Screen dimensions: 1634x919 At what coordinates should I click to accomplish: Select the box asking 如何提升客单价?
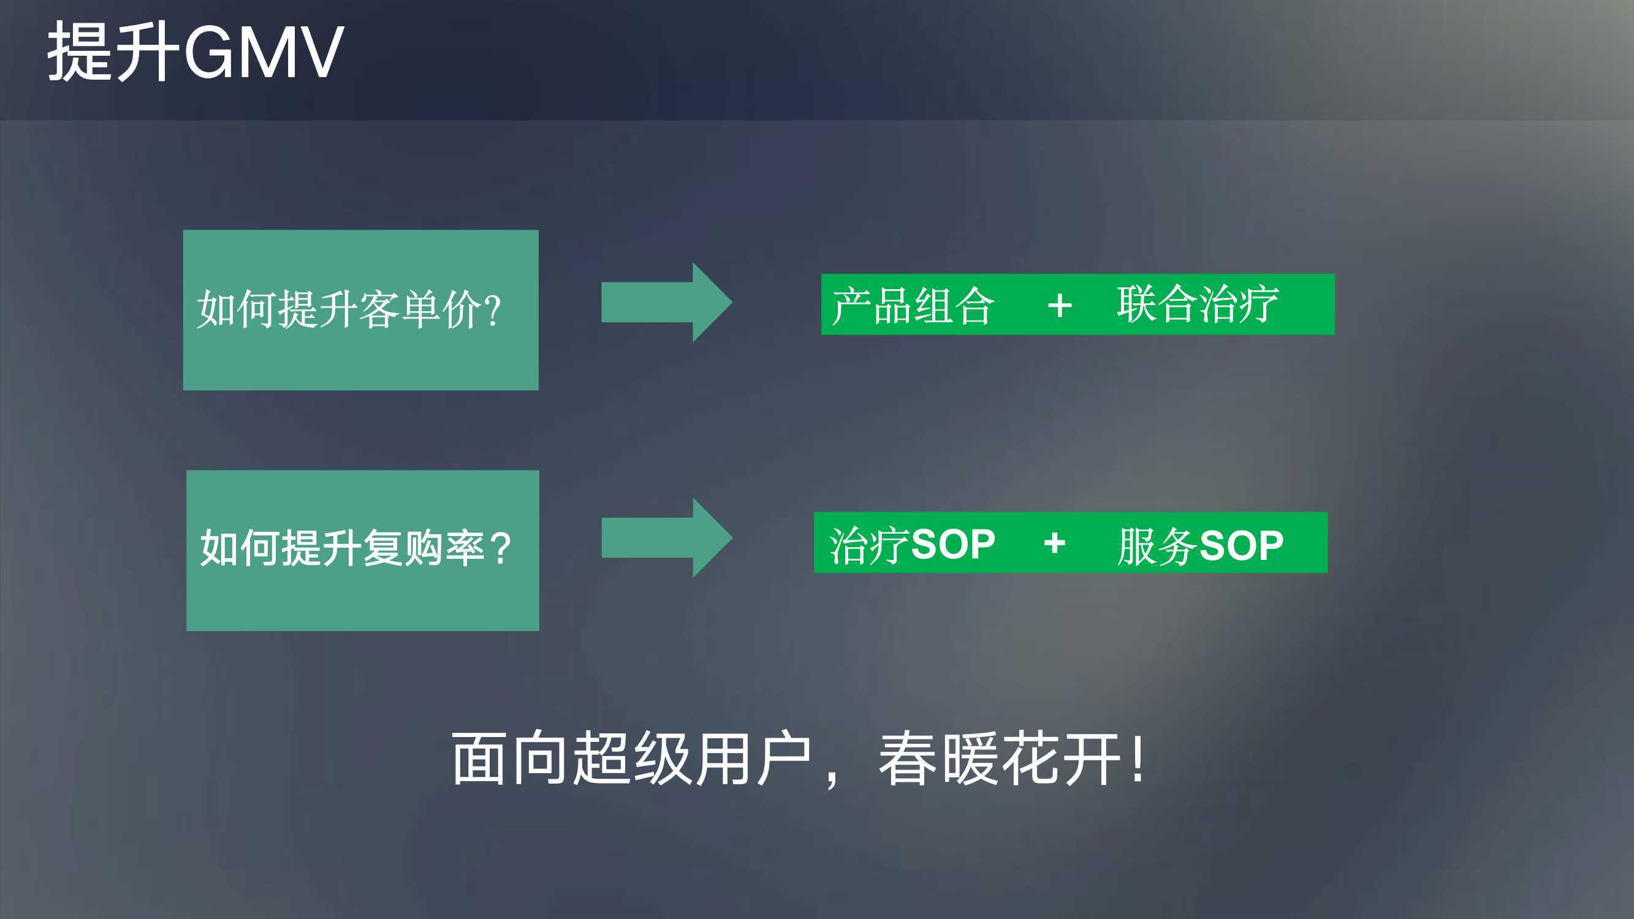pos(361,310)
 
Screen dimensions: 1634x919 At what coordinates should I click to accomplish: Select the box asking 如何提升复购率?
pos(363,551)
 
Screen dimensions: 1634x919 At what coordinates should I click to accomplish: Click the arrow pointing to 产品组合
pos(667,303)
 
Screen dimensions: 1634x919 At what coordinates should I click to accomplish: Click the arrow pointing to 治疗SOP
pos(667,538)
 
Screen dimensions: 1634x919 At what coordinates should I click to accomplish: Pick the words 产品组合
pos(912,306)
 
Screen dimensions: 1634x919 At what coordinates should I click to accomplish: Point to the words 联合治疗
pos(1198,304)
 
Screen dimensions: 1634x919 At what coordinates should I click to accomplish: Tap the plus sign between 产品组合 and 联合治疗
pos(1060,306)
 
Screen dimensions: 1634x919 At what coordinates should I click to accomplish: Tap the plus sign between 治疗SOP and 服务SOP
pos(1055,543)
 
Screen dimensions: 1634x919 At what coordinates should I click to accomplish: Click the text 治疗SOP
pos(912,545)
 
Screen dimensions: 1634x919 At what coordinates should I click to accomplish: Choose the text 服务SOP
pos(1200,545)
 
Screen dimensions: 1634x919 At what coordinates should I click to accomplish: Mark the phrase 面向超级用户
pos(632,758)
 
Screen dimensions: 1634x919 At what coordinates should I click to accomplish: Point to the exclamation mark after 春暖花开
pos(1139,758)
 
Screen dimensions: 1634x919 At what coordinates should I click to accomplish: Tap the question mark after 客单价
pos(492,310)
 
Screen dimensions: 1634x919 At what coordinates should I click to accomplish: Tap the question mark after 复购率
pos(501,548)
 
